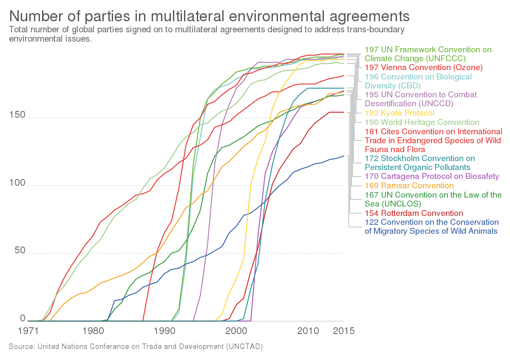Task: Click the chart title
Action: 209,17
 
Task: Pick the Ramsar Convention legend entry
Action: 409,186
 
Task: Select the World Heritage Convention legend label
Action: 422,122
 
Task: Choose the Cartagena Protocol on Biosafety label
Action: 432,176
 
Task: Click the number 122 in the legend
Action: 372,222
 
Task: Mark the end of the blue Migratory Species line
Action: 343,156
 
